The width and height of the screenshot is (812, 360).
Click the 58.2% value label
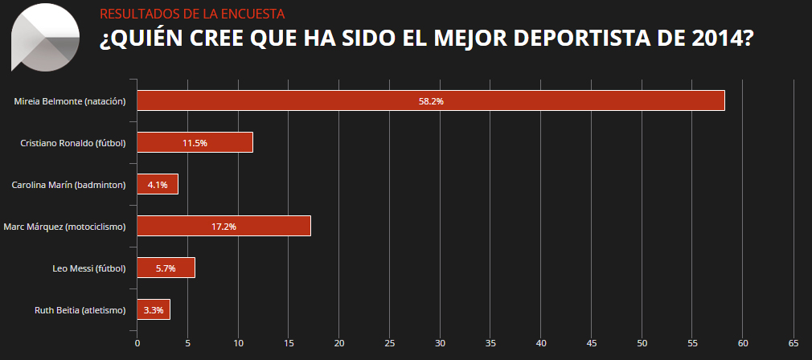(x=431, y=101)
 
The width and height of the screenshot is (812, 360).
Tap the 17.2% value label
(x=224, y=227)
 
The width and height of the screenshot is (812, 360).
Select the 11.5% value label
(x=195, y=143)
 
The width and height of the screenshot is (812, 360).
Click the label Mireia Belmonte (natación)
(x=71, y=101)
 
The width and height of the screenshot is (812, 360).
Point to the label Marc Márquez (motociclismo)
(x=65, y=227)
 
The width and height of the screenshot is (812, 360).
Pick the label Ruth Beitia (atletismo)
(x=80, y=310)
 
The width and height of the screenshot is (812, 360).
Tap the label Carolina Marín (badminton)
(x=69, y=185)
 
